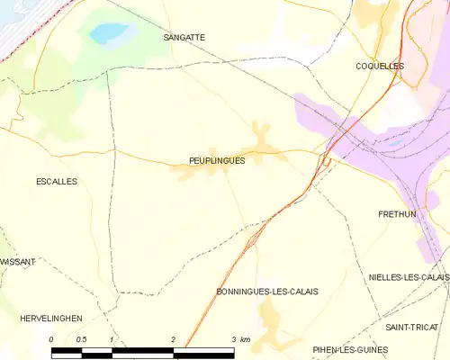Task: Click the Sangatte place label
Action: point(184,38)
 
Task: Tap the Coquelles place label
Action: point(380,67)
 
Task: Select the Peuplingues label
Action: point(217,160)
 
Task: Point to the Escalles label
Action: point(56,181)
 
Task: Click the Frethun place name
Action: point(396,214)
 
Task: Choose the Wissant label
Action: point(18,261)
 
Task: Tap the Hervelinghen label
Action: point(51,319)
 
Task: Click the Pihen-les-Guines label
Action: point(350,349)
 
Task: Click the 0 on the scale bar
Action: point(51,338)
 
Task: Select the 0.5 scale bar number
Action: point(81,338)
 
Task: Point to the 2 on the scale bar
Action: point(172,338)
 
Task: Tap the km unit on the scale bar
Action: point(245,338)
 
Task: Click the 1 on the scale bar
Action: point(112,338)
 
